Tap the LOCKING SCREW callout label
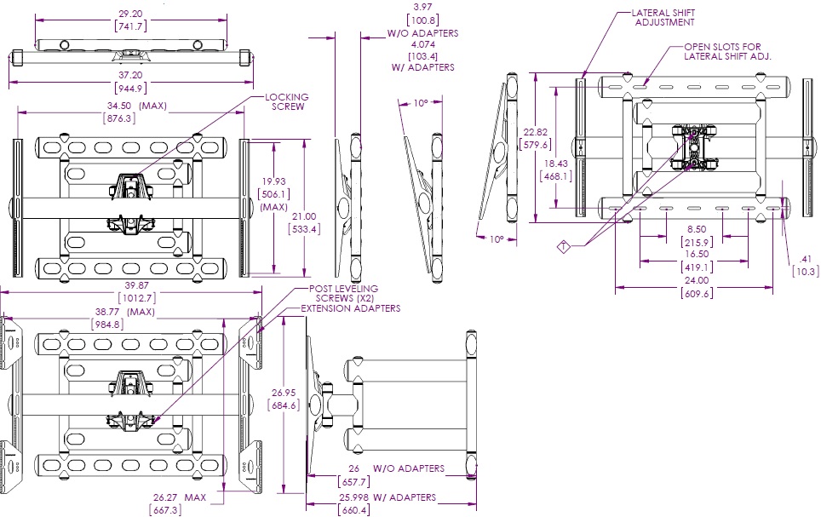(x=286, y=101)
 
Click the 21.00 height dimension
(x=303, y=216)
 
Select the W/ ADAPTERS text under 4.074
(x=422, y=66)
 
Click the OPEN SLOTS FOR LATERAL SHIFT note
(x=727, y=51)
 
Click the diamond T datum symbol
(x=563, y=247)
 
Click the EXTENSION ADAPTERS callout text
(x=349, y=308)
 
